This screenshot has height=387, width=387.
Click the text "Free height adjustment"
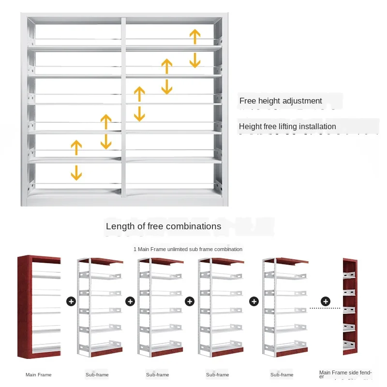(x=281, y=101)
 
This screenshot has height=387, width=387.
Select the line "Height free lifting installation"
(x=287, y=127)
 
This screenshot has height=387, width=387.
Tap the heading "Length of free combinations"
(x=164, y=226)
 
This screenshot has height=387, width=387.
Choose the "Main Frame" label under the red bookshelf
(x=39, y=375)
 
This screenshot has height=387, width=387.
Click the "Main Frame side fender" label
(x=345, y=373)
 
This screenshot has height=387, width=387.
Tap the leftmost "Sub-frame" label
(x=98, y=375)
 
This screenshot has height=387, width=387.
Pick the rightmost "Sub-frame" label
(x=282, y=375)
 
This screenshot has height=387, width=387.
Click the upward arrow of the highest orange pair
(x=195, y=37)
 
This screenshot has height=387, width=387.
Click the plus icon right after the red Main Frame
(x=71, y=301)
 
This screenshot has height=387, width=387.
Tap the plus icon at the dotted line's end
(x=326, y=302)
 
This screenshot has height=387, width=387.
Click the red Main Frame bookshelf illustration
(x=39, y=307)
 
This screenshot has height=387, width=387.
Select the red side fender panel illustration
(x=353, y=307)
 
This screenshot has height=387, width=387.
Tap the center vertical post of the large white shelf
(x=123, y=106)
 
